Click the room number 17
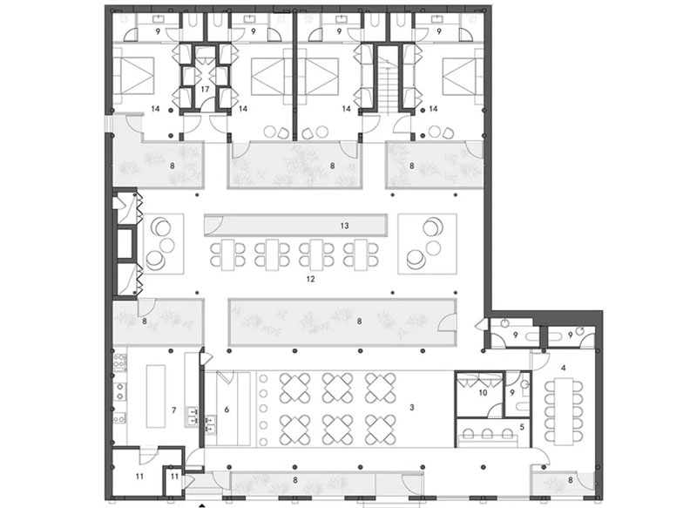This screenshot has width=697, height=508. [x=205, y=90]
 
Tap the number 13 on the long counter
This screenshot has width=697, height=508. [x=344, y=226]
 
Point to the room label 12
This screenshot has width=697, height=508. [x=311, y=279]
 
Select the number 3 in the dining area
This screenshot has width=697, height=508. [x=412, y=407]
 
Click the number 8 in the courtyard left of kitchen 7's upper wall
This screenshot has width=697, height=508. [x=145, y=321]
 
